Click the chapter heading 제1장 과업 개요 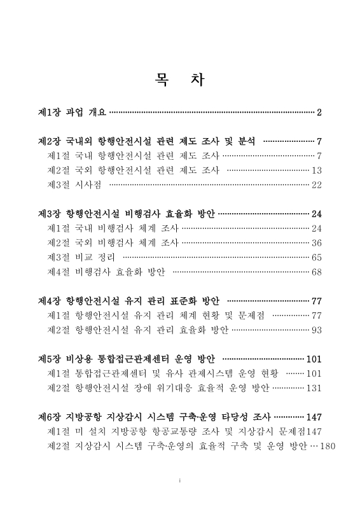[x=73, y=113]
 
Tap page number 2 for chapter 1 [x=319, y=113]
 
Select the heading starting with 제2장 [x=147, y=141]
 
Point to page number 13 [x=317, y=170]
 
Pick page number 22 [x=317, y=185]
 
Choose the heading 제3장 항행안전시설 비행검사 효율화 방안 [x=127, y=214]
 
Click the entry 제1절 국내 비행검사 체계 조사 [x=113, y=228]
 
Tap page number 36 [x=317, y=243]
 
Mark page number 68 [x=317, y=272]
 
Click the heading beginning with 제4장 [x=129, y=301]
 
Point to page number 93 [x=317, y=330]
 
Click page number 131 [x=314, y=387]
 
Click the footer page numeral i [x=180, y=479]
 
